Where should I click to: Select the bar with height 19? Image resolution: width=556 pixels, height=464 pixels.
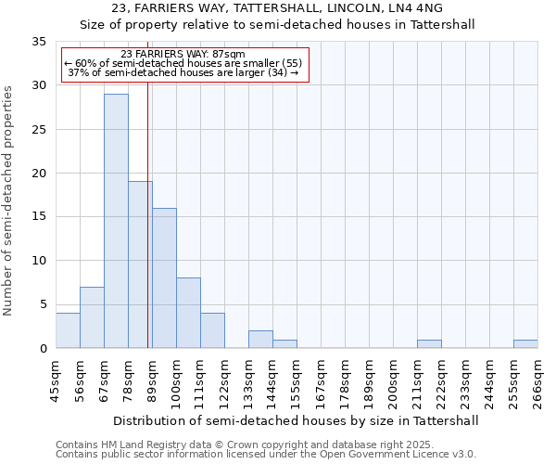click(x=140, y=264)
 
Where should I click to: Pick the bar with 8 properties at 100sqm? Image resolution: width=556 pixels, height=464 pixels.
click(x=188, y=313)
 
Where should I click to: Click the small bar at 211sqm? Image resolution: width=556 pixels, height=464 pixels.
click(x=429, y=344)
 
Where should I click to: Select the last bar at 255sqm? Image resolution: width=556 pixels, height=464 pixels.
click(x=525, y=344)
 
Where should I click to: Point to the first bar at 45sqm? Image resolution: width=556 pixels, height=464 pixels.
click(x=68, y=330)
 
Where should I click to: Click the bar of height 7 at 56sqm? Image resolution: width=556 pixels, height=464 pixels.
click(x=92, y=317)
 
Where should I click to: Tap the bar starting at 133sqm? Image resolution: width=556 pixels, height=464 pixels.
click(x=260, y=340)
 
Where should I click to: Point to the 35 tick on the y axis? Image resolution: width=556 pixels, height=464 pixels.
click(x=39, y=42)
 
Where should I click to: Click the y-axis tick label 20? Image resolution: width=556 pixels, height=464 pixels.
click(x=39, y=174)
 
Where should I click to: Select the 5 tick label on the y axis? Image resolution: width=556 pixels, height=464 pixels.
click(x=43, y=304)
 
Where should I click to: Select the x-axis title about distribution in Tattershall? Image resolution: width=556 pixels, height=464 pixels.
click(x=297, y=420)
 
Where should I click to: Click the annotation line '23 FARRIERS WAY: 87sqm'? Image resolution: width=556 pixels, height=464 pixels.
click(x=183, y=55)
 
